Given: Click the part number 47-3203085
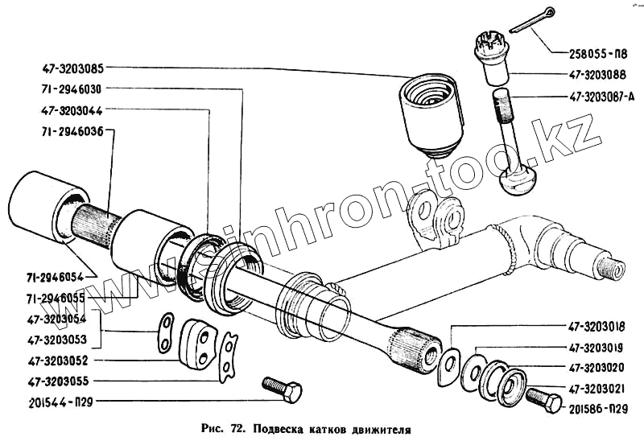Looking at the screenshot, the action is [x=70, y=68].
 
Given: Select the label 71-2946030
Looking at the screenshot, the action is [x=70, y=89].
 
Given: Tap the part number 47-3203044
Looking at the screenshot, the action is [x=70, y=109].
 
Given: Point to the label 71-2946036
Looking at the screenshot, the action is [x=70, y=130].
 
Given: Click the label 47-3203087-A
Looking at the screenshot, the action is [x=603, y=97].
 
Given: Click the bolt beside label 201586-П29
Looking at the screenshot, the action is [x=543, y=399].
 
